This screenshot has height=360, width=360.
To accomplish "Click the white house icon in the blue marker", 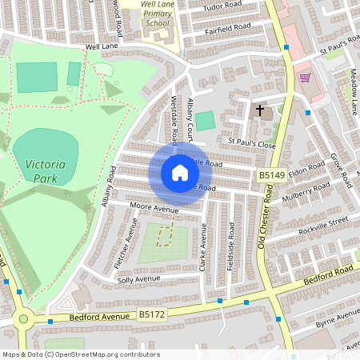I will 180,173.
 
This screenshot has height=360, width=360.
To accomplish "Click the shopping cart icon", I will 305,78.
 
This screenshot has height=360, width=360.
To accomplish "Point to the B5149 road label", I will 271,174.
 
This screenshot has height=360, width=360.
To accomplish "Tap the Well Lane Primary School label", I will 158,14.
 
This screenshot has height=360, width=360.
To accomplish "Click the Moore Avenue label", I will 154,210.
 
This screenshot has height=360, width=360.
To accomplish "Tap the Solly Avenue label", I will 138,279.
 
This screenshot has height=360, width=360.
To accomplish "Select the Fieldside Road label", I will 230,249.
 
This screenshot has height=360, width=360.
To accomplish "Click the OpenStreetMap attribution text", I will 80,354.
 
